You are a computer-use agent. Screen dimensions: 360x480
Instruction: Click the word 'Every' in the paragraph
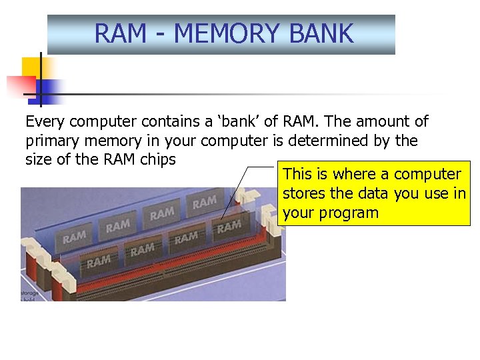pyautogui.click(x=45, y=122)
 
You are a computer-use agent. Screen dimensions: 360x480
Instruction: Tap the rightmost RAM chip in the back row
pyautogui.click(x=204, y=201)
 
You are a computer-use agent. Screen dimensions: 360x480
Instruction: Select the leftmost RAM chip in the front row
pyautogui.click(x=98, y=261)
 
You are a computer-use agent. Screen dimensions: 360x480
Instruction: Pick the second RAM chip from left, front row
pyautogui.click(x=142, y=250)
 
